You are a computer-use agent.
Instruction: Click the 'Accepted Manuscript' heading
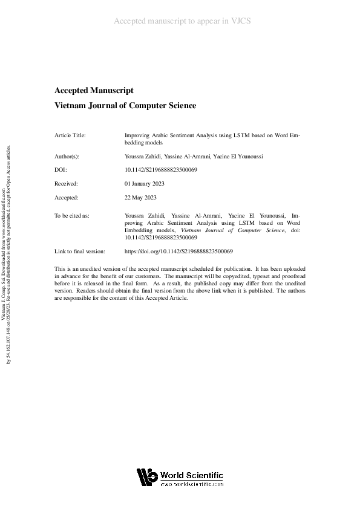pos(94,91)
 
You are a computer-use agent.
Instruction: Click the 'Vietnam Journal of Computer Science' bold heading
pos(125,105)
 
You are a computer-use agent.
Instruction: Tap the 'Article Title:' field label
pos(70,136)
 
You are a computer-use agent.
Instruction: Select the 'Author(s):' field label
pos(67,156)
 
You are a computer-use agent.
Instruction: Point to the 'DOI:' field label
pos(61,170)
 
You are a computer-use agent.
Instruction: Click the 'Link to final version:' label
pos(80,251)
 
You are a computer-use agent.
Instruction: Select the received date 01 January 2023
pos(144,183)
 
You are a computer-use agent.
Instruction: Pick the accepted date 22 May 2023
pos(140,197)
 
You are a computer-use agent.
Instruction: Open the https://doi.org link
pos(178,251)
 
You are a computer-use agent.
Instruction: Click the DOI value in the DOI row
pos(161,170)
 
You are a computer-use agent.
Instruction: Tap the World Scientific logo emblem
pos(146,478)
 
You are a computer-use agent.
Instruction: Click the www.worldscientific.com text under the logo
pos(192,484)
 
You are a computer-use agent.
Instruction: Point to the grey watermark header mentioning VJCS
pos(182,21)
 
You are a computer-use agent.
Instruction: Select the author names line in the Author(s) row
pos(184,156)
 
